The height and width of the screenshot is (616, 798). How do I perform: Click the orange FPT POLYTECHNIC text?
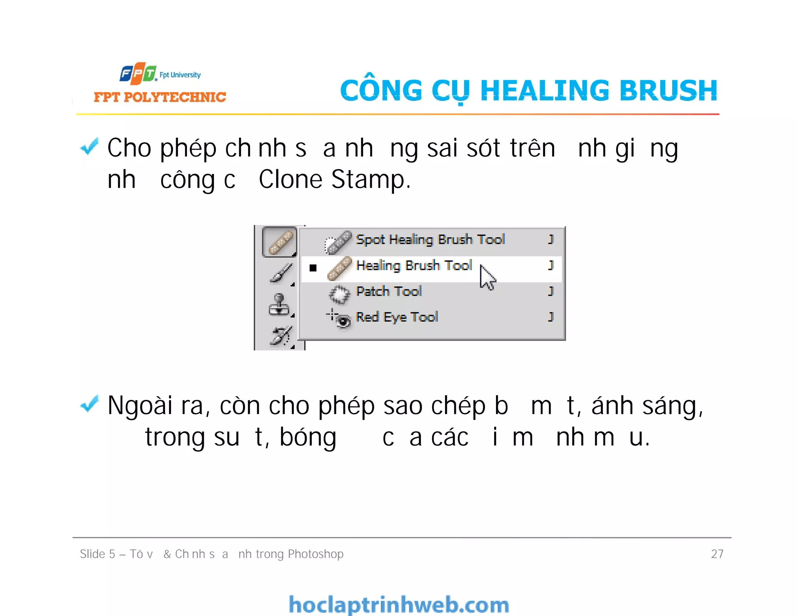(160, 97)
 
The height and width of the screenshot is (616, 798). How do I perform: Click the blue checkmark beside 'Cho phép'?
(89, 147)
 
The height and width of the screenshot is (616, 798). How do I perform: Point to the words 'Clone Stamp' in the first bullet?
(334, 180)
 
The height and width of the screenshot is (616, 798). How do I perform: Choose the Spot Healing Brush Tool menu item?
(430, 239)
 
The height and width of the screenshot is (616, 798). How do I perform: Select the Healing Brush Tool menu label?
(414, 266)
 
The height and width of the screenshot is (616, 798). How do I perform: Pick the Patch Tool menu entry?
(389, 291)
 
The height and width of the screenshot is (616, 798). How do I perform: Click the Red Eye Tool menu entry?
(397, 317)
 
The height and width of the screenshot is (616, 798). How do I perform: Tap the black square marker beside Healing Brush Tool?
(313, 268)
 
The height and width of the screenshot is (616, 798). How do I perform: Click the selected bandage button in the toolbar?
(279, 242)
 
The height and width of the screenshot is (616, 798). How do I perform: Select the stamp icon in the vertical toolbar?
(279, 305)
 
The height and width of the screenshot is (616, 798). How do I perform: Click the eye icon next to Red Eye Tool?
(343, 321)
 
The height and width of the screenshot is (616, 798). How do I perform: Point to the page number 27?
(717, 554)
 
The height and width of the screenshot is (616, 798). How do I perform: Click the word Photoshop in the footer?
(316, 554)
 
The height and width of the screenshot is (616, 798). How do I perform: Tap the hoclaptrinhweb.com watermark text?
(399, 605)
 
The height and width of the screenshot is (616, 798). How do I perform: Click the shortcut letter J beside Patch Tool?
(551, 291)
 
